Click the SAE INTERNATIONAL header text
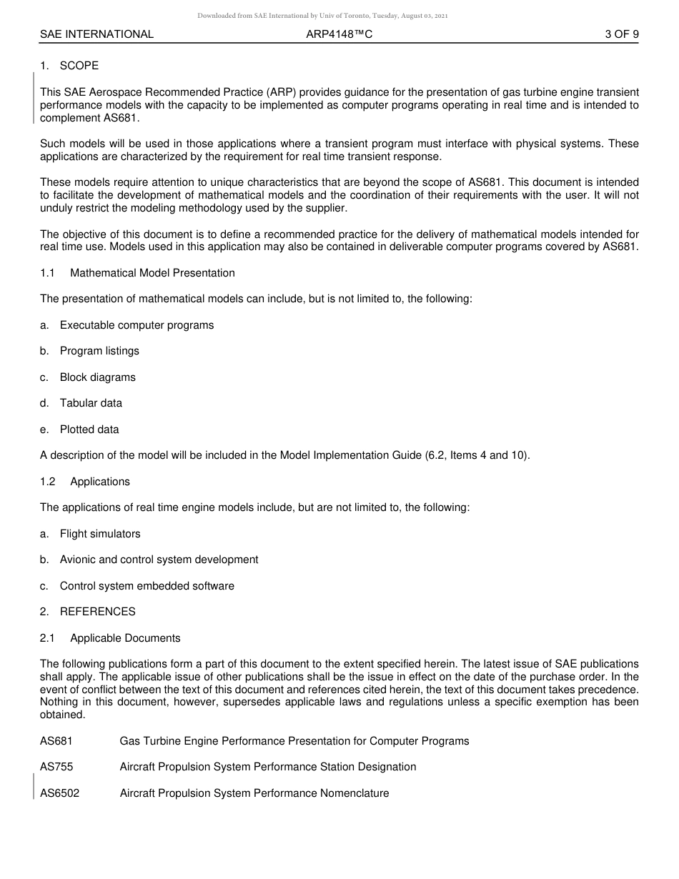tap(96, 34)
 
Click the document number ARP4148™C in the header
tap(339, 34)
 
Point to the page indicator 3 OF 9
tap(621, 34)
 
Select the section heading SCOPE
tap(79, 66)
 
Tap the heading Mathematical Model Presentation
tap(152, 273)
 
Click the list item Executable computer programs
tap(137, 325)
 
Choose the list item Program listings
tap(99, 351)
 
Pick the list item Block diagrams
tap(97, 377)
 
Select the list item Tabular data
tap(91, 403)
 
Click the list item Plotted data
tap(89, 429)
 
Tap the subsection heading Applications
tap(100, 482)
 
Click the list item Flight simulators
tap(100, 534)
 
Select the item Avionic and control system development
tap(159, 560)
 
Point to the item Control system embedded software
tap(147, 586)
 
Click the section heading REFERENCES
tap(97, 612)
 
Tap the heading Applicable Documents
tap(125, 638)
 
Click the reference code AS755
tap(56, 767)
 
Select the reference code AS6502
tap(59, 793)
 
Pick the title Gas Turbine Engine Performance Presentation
tap(294, 741)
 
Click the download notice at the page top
tap(322, 16)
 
